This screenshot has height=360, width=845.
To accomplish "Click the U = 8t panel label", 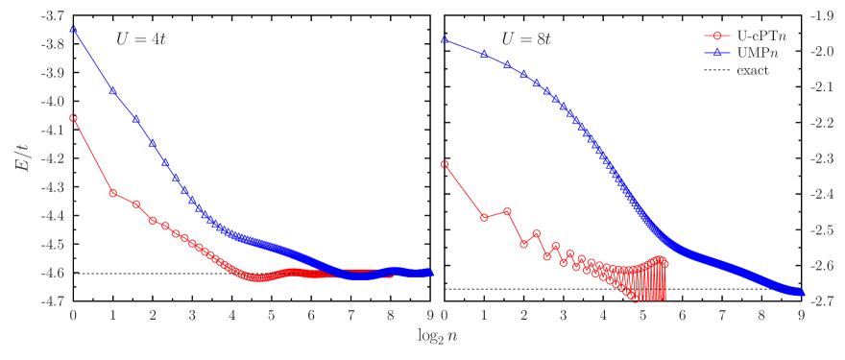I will [x=525, y=40].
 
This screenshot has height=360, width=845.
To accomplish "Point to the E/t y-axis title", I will [x=21, y=158].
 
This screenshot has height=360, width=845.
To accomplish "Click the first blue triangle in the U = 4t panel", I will [x=73, y=29].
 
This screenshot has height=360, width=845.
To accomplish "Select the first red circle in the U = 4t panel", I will [x=73, y=118].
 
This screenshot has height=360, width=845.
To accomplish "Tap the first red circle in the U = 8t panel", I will [x=445, y=164].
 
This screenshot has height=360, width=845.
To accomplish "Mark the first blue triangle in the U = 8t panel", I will [x=445, y=39].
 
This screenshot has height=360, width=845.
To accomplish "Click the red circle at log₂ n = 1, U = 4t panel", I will [x=112, y=193].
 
